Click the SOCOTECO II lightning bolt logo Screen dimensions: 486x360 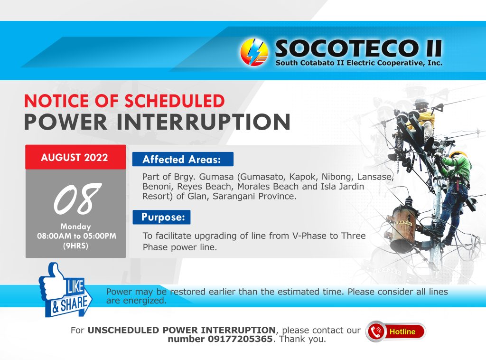254,52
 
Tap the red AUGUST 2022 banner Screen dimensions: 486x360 75,157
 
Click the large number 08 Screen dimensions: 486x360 77,199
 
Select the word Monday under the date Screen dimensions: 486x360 75,227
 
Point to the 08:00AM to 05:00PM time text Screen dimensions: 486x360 76,236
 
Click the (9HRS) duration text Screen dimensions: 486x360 75,246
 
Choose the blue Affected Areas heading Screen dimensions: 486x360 183,160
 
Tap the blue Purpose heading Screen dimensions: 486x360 161,217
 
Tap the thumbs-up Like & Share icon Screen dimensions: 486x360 65,290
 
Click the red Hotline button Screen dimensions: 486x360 396,332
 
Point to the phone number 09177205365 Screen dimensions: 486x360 240,339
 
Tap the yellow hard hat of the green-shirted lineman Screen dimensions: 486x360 458,154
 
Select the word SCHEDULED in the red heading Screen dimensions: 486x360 175,101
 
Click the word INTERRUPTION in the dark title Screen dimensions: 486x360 203,122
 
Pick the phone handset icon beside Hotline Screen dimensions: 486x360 376,332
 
